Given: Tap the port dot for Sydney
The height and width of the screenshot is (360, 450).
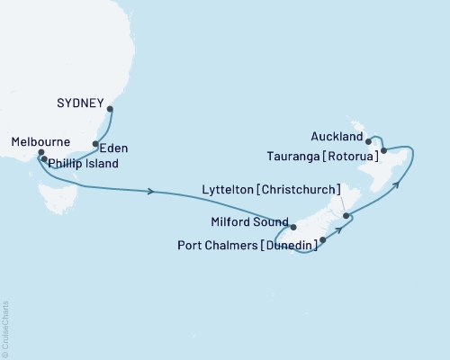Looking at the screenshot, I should click(x=110, y=110).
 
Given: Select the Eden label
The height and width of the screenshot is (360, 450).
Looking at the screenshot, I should click(x=114, y=148).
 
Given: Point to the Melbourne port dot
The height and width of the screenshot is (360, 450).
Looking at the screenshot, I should click(x=40, y=153).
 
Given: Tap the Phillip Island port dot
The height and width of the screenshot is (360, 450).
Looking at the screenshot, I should click(x=44, y=159).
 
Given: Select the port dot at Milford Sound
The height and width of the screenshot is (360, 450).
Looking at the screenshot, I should click(x=293, y=227).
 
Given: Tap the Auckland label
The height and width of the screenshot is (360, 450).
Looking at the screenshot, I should click(x=337, y=138).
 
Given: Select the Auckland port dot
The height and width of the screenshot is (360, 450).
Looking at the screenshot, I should click(x=369, y=141).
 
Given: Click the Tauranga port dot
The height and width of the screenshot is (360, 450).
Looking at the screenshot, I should click(x=384, y=150).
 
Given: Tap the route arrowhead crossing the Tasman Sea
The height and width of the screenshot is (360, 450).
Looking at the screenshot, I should click(x=151, y=191).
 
